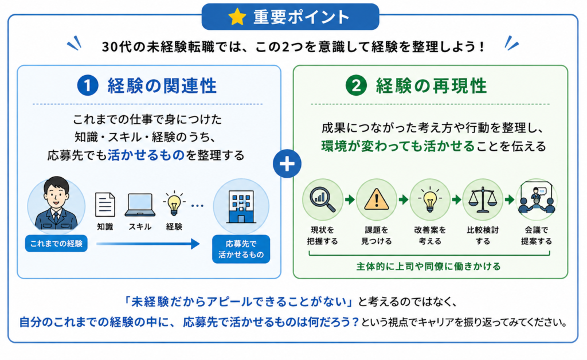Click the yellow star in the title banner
click(x=237, y=17)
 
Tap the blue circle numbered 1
click(x=88, y=85)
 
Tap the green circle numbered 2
click(x=356, y=85)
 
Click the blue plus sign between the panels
click(x=287, y=164)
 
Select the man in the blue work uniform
click(x=56, y=204)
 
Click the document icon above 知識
click(x=105, y=204)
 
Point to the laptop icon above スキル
click(x=140, y=205)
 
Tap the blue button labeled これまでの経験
click(x=56, y=244)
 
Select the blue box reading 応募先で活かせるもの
click(x=241, y=249)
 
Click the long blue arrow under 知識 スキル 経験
click(x=148, y=244)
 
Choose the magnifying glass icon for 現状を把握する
click(x=323, y=199)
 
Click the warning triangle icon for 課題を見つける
click(x=376, y=199)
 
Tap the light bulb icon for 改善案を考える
click(x=429, y=199)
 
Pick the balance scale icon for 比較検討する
click(x=483, y=199)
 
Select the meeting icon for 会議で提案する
click(x=537, y=199)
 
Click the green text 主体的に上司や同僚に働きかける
click(x=428, y=267)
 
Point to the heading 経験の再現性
click(x=431, y=85)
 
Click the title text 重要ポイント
click(x=302, y=17)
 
